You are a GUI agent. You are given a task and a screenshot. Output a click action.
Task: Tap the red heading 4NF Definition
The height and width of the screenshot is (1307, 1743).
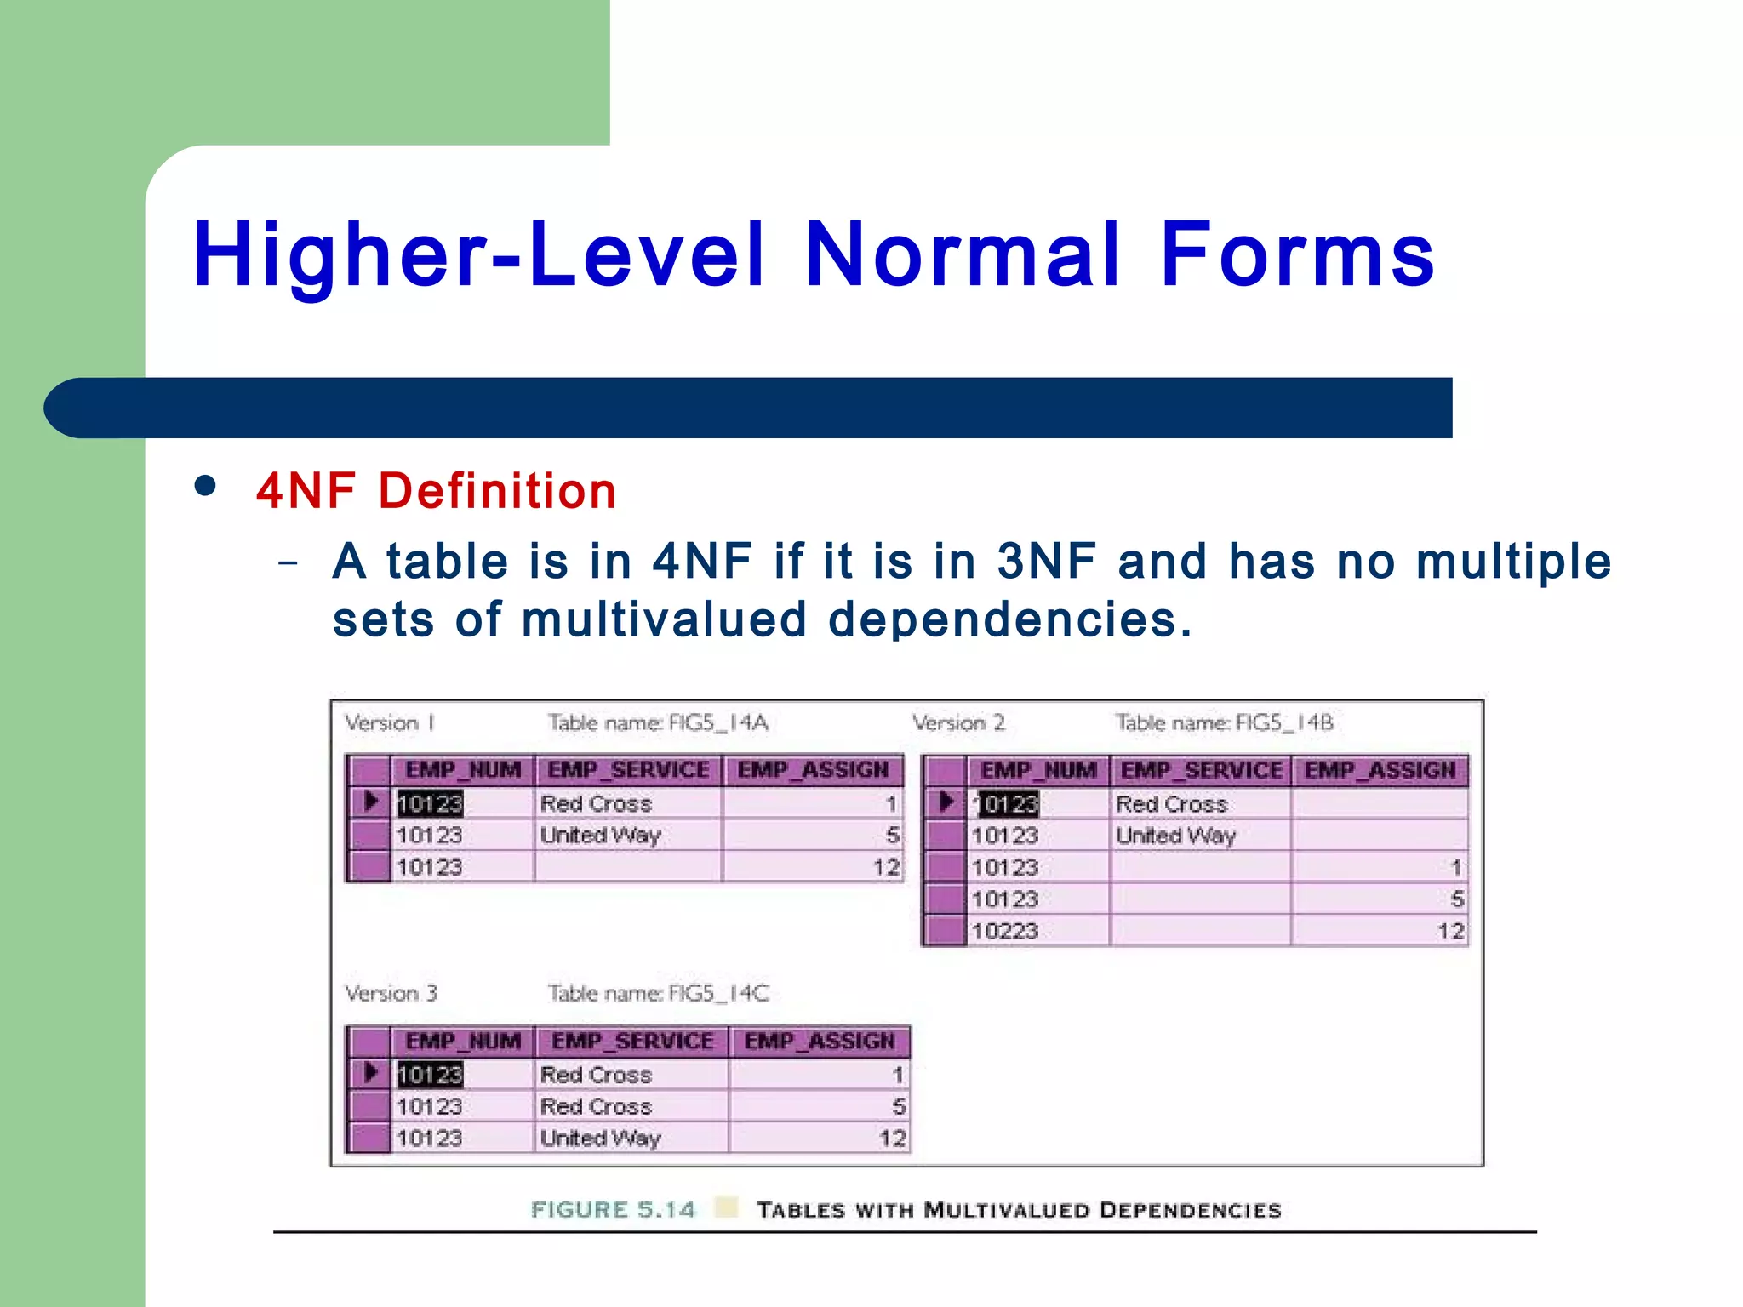(x=436, y=491)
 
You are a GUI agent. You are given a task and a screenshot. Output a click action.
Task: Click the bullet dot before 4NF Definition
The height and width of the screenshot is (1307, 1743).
(x=205, y=486)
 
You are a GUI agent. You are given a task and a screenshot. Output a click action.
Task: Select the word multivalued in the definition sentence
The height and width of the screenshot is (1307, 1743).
(x=663, y=619)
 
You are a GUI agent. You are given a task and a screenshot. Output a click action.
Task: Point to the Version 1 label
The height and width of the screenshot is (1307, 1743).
(x=390, y=723)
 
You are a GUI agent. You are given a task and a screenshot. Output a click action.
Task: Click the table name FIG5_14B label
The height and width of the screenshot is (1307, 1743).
(x=1224, y=723)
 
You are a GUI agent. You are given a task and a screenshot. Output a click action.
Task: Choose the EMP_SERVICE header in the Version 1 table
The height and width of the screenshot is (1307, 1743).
(x=628, y=770)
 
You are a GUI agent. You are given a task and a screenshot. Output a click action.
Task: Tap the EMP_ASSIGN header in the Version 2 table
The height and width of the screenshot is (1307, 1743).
(x=1380, y=771)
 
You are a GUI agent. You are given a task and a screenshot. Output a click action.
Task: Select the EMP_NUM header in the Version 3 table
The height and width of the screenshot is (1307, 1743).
(x=463, y=1042)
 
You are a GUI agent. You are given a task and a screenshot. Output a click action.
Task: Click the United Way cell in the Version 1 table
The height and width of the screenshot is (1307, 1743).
(x=601, y=836)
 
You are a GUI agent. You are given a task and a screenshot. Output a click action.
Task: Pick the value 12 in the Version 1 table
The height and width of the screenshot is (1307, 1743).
(x=885, y=868)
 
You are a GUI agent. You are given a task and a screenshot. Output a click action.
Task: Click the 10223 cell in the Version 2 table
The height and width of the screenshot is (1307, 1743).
(x=1005, y=931)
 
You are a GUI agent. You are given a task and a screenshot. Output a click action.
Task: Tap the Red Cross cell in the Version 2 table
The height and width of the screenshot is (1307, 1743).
(x=1172, y=804)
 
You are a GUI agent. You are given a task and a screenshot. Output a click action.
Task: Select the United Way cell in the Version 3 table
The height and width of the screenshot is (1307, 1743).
(x=601, y=1139)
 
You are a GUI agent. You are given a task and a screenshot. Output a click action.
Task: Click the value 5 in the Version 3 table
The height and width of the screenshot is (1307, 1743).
(x=899, y=1107)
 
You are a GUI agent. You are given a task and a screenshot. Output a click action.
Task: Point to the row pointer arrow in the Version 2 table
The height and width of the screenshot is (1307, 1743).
(x=946, y=802)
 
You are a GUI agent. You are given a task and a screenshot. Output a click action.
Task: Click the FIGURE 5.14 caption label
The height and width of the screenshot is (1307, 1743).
(x=613, y=1210)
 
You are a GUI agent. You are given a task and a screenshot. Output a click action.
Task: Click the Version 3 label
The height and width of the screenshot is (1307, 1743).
(x=391, y=994)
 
